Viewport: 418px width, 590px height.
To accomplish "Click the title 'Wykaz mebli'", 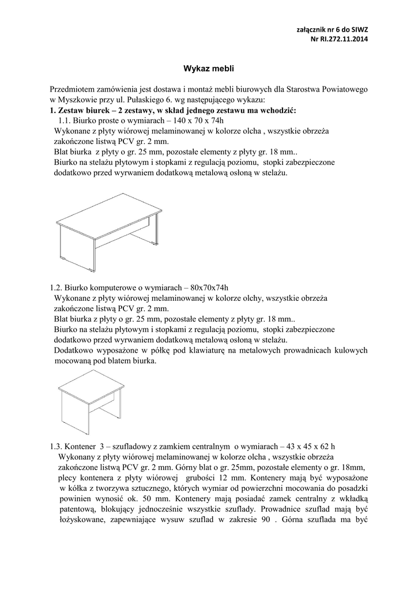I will tap(209, 68).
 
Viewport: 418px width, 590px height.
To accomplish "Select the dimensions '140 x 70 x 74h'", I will tap(194, 120).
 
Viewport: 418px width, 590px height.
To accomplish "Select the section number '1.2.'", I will tap(57, 288).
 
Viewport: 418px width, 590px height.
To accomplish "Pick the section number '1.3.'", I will tap(57, 446).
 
